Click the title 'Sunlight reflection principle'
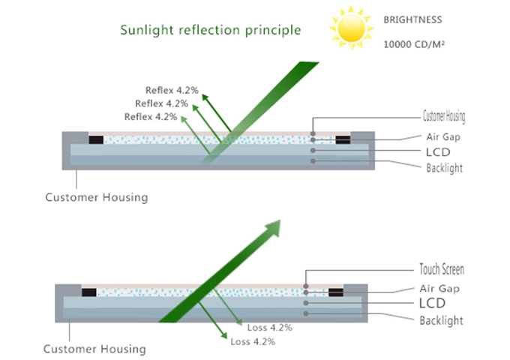(x=211, y=30)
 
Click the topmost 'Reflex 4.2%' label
(x=172, y=90)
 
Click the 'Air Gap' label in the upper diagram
(x=442, y=137)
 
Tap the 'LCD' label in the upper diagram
(x=437, y=152)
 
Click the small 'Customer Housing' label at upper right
(x=445, y=116)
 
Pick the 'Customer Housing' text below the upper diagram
(x=96, y=197)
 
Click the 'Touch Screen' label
(x=442, y=269)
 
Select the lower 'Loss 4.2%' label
(x=253, y=342)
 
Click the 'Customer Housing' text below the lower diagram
(x=94, y=349)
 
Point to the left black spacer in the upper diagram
(x=96, y=139)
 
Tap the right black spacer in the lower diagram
(x=334, y=292)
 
